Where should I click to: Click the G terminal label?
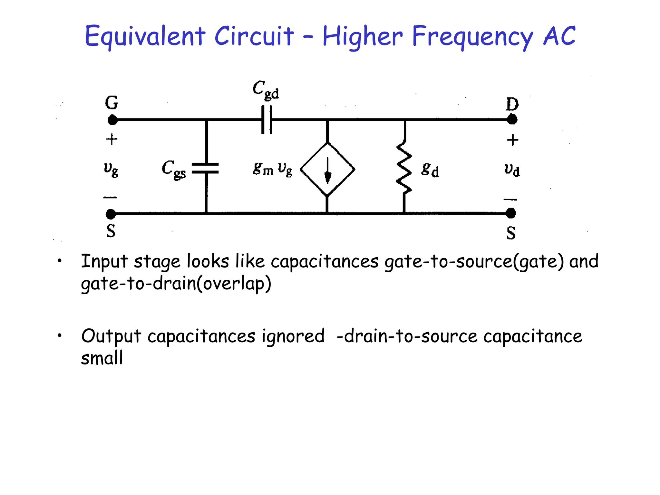pos(112,103)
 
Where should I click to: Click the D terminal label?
pos(512,104)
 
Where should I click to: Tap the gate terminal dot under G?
pos(112,120)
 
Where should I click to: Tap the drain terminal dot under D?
pos(512,120)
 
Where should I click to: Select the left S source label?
pos(111,231)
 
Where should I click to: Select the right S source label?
pos(511,233)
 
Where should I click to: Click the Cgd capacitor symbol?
pos(267,120)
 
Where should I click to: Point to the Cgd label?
pos(266,90)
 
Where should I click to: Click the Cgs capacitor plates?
pos(205,168)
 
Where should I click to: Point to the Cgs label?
pos(174,169)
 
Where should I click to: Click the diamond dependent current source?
pos(327,169)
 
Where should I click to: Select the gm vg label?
pos(273,169)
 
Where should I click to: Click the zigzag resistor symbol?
pos(404,168)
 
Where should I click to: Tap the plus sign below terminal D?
pos(512,140)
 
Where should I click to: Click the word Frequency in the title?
pos(472,36)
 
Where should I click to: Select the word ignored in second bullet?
pos(293,336)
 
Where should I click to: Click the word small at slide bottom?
pos(102,358)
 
